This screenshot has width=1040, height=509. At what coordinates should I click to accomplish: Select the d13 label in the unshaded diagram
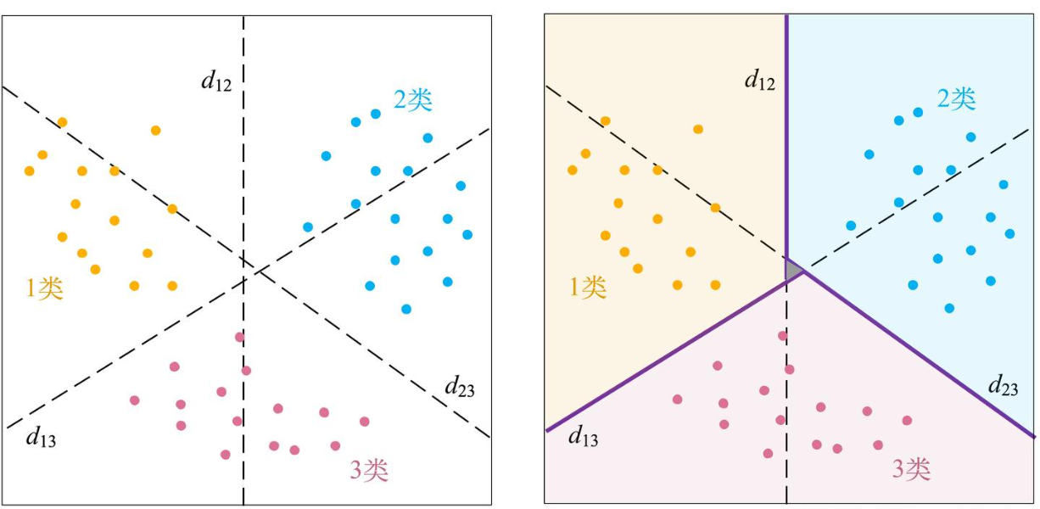point(41,438)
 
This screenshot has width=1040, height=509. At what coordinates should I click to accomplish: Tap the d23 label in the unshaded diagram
point(460,389)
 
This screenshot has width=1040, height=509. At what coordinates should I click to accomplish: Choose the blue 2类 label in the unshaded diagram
point(413,100)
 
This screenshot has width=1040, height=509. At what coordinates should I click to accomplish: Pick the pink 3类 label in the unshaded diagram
point(369,470)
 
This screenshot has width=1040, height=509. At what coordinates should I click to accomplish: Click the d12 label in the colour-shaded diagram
point(759,81)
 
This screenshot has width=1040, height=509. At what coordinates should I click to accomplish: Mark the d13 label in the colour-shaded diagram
point(584,437)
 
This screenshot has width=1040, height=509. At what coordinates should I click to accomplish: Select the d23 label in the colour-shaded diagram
point(1004,387)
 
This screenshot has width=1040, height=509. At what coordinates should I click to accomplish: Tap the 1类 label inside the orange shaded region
point(588,288)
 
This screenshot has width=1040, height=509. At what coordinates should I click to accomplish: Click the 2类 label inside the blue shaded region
point(956,99)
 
